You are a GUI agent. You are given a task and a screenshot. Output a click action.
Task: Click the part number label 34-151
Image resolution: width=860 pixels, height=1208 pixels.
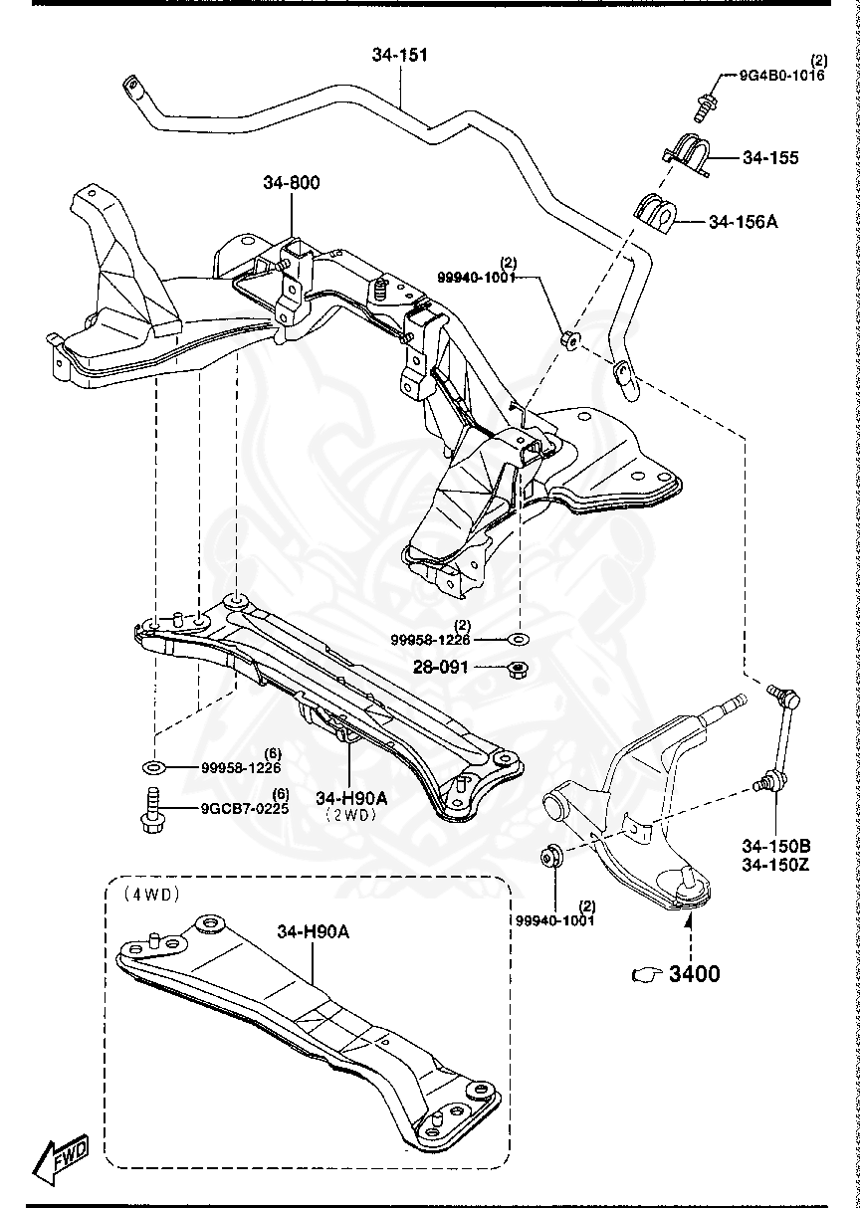tap(400, 56)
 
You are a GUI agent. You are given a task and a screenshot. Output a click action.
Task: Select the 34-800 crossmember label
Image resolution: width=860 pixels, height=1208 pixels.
tap(292, 183)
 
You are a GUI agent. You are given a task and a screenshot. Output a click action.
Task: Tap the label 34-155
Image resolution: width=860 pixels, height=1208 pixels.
tap(769, 158)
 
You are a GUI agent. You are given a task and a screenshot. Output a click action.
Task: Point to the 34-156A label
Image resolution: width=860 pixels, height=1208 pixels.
tap(743, 222)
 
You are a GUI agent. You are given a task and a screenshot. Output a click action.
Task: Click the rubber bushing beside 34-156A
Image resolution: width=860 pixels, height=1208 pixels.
tap(654, 213)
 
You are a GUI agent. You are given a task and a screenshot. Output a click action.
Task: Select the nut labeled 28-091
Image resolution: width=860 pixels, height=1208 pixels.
tap(519, 668)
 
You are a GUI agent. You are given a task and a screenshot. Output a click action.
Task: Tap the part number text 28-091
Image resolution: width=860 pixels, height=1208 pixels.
tap(442, 667)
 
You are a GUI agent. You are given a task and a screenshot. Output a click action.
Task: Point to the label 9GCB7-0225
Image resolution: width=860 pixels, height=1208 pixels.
tap(244, 809)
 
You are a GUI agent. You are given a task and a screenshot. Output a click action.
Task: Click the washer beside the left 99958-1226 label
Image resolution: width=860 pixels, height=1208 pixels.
tap(155, 767)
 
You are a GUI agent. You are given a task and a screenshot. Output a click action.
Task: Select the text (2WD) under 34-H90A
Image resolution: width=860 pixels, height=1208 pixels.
tap(348, 813)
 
